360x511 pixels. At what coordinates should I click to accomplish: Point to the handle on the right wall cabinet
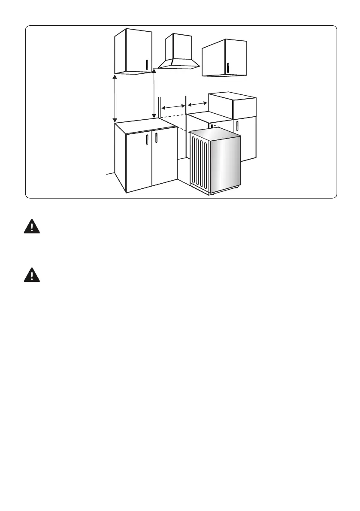(228, 68)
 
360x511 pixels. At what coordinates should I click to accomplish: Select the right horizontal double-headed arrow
(197, 104)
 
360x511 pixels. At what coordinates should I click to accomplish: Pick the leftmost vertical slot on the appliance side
(194, 159)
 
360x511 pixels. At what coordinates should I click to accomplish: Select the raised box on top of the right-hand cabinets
(232, 106)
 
